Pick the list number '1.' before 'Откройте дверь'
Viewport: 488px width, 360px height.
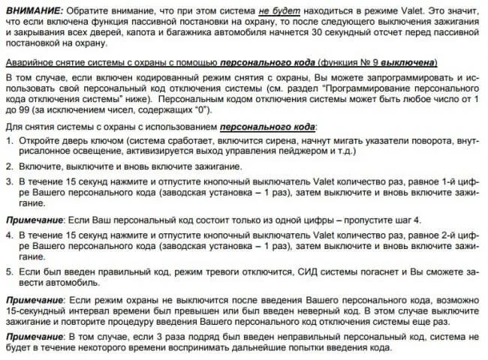(x=9, y=140)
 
